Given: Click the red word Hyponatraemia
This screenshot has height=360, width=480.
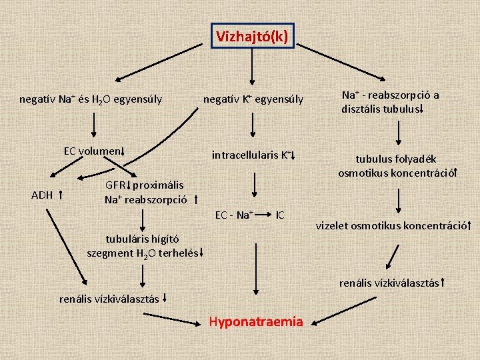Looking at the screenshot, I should pos(255,322).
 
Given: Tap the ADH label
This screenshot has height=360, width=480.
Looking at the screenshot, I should pos(43,195).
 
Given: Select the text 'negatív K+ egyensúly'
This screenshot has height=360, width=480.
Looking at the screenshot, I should pos(253,100).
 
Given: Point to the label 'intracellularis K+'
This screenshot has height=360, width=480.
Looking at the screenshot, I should pos(251,155).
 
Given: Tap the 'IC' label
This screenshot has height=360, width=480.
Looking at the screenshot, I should pos(280,215).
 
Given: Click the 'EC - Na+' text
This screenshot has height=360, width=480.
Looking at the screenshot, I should pos(233,215).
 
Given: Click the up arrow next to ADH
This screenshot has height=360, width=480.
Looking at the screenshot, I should pos(61,195).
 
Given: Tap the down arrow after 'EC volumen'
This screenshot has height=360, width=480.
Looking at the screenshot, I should pos(123,152).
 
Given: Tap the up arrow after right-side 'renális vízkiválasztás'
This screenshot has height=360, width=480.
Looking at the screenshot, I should pos(443,283).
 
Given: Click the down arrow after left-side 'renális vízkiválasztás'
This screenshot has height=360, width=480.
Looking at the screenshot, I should pos(165,299).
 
